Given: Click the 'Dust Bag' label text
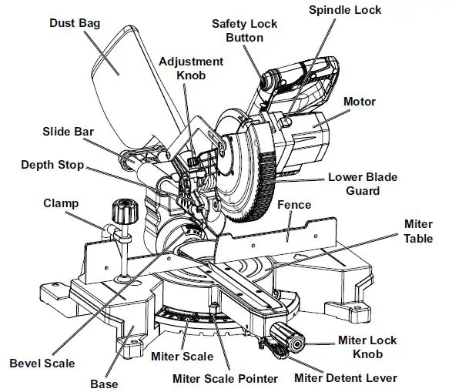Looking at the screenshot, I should tap(74, 24).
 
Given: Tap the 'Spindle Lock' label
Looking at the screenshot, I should tap(345, 10).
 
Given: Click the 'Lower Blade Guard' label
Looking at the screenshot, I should tap(363, 183).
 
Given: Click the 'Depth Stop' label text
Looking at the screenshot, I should tap(52, 165).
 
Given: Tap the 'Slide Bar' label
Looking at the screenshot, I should tap(68, 132).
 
